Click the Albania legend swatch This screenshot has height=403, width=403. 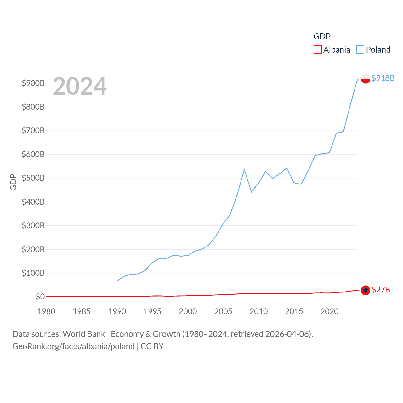point(317,50)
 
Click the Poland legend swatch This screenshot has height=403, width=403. point(360,50)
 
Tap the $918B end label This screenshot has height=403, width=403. point(383,78)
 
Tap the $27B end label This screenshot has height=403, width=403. point(381,290)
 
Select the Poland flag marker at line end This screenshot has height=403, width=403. point(365,78)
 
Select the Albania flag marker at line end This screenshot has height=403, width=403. point(365,290)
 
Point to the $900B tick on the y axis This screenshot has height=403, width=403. point(33,83)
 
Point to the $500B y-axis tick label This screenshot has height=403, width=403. point(33,178)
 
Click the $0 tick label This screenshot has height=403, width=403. point(40,297)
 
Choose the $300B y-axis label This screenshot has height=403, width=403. point(33,225)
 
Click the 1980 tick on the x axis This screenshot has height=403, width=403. point(46,311)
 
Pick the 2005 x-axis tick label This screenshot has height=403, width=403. point(223,311)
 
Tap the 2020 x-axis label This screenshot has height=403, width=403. point(329,311)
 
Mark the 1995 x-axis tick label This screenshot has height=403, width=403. point(152,311)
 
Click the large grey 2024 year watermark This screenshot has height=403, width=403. point(80,86)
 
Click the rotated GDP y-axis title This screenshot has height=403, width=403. point(13,182)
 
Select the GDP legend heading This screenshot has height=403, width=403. point(322,37)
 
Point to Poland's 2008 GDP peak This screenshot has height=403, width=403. point(244,170)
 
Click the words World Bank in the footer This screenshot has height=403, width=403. point(84,334)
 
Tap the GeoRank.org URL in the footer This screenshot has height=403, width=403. point(73,346)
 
